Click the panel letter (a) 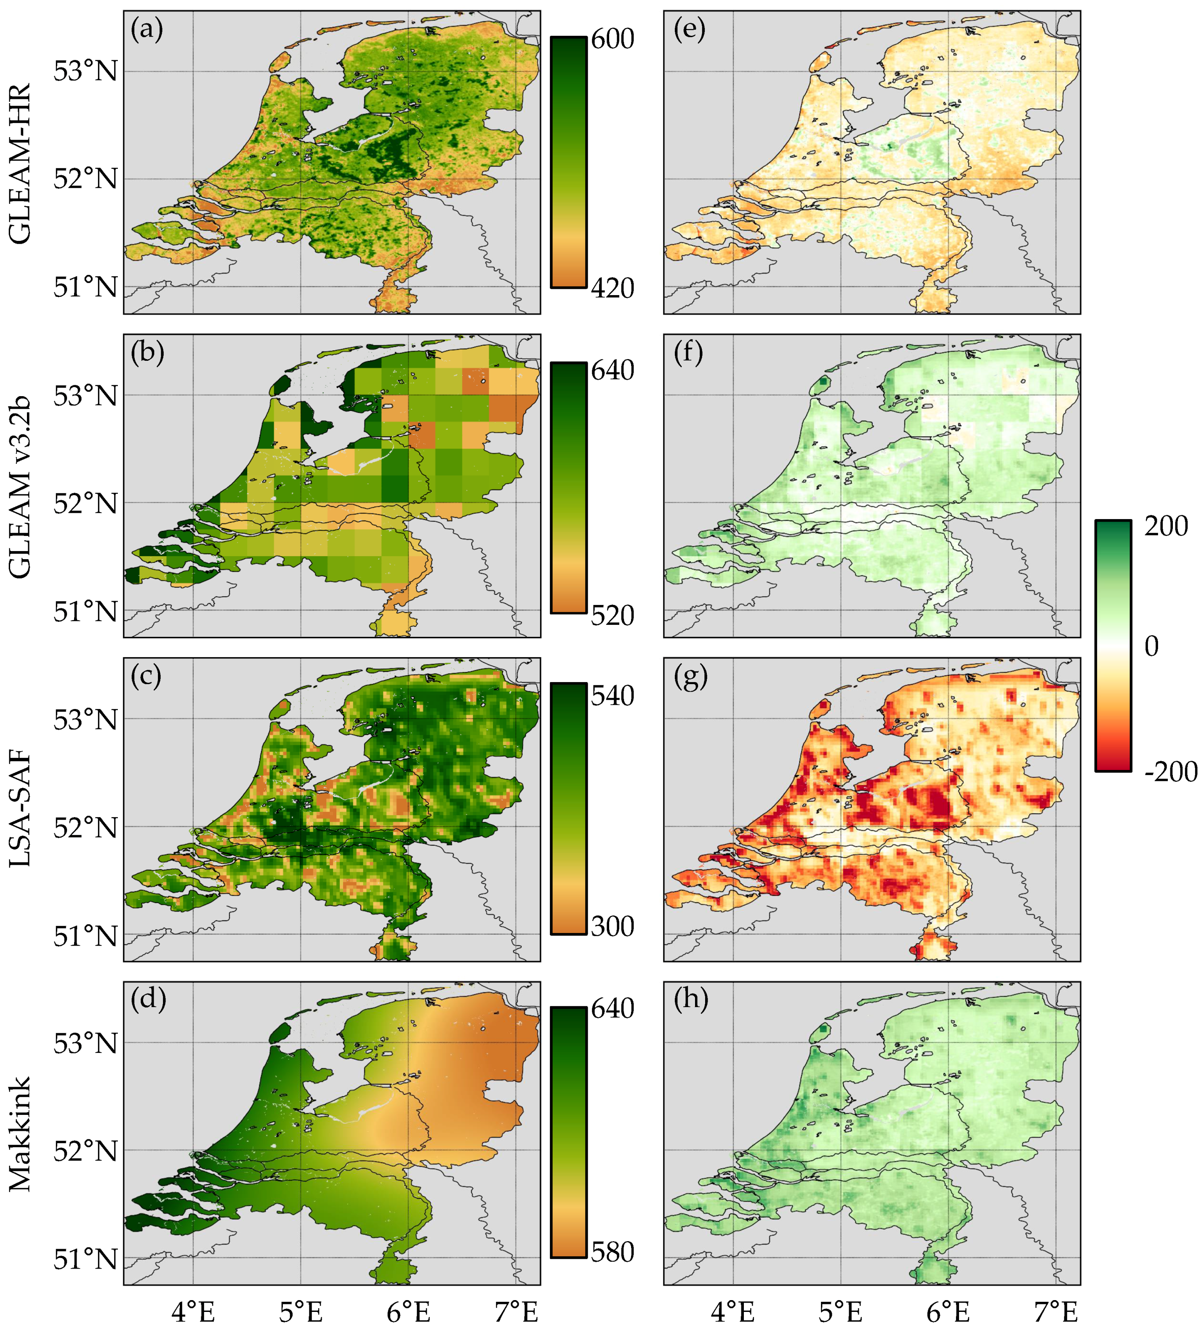(x=147, y=30)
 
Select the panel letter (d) (x=148, y=1000)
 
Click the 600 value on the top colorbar (x=612, y=39)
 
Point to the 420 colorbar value (x=612, y=288)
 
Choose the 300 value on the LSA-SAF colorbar (x=612, y=926)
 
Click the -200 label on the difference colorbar (x=1171, y=771)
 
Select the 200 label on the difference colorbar (x=1166, y=526)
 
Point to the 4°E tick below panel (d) (x=193, y=1311)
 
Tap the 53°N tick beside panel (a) (x=86, y=71)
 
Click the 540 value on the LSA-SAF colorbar (x=612, y=696)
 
